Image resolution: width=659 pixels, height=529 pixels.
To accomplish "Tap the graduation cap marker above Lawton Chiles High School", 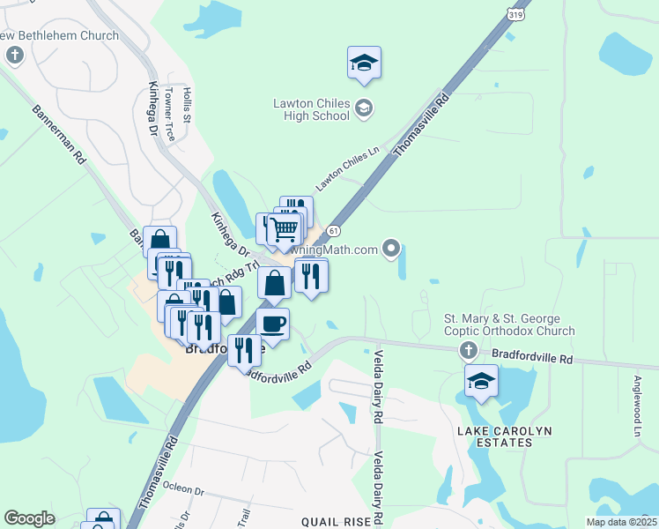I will pyautogui.click(x=364, y=63).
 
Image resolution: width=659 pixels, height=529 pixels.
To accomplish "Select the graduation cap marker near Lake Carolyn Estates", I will pyautogui.click(x=482, y=382).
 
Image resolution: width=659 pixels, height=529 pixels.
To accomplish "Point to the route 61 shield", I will pyautogui.click(x=331, y=230).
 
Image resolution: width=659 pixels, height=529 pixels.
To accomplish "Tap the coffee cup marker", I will pyautogui.click(x=272, y=324).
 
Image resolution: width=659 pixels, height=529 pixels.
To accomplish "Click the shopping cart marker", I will pyautogui.click(x=285, y=231).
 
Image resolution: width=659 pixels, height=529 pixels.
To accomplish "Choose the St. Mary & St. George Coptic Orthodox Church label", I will pyautogui.click(x=508, y=324).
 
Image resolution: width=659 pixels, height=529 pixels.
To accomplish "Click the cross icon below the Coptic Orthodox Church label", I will pyautogui.click(x=468, y=352).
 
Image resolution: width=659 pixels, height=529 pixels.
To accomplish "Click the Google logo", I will pyautogui.click(x=29, y=518).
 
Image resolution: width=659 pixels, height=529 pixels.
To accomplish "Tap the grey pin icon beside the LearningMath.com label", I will pyautogui.click(x=392, y=250).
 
